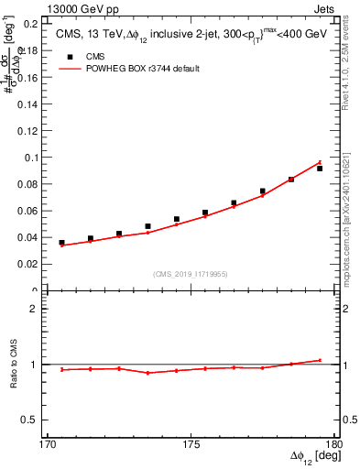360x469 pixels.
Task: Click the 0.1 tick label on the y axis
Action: [x=33, y=158]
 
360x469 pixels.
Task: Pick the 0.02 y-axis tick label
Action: [x=30, y=264]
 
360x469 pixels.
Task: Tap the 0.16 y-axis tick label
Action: [x=30, y=78]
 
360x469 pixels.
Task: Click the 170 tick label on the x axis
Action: [x=48, y=445]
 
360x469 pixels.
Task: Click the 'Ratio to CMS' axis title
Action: [x=14, y=365]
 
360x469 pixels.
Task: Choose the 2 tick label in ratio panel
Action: [x=38, y=309]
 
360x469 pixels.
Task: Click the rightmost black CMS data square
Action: [x=320, y=169]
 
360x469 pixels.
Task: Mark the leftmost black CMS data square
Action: [x=61, y=243]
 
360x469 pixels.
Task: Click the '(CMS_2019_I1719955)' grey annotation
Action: [x=191, y=273]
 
